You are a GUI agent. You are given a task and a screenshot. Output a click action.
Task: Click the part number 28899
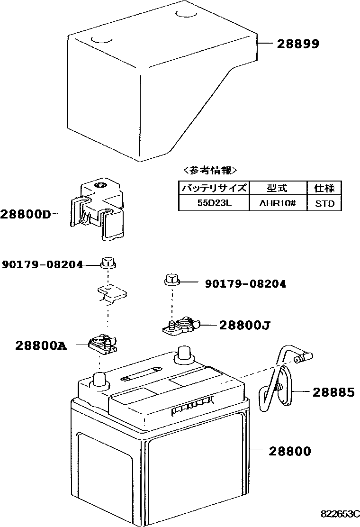[298, 44]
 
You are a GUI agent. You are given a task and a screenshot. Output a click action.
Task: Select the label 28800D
[25, 214]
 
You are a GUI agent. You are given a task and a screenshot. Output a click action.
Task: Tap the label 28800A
[41, 346]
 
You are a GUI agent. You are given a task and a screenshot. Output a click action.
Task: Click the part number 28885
[333, 392]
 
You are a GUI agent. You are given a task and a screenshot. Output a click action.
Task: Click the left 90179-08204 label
[42, 264]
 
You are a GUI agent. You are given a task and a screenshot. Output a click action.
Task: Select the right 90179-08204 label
[245, 284]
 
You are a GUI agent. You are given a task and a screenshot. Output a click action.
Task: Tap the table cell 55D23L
[213, 204]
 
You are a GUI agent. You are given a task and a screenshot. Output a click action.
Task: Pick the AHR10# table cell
[278, 204]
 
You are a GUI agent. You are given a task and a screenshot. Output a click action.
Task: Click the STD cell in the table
[324, 204]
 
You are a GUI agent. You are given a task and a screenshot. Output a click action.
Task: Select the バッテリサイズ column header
[213, 188]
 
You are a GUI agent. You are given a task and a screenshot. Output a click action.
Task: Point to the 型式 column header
[278, 188]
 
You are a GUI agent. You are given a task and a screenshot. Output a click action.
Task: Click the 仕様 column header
[324, 188]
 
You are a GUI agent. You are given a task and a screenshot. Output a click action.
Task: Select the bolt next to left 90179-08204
[108, 262]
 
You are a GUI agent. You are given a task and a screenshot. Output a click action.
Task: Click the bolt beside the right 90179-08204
[171, 280]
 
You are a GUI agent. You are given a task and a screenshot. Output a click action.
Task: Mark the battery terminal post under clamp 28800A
[99, 380]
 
